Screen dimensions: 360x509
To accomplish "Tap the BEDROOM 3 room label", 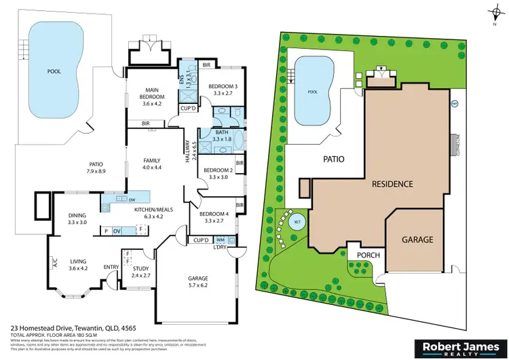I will pos(222,86).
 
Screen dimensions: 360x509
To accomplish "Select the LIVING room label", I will pos(78,263).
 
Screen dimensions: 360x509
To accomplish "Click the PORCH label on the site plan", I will pos(367,255).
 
